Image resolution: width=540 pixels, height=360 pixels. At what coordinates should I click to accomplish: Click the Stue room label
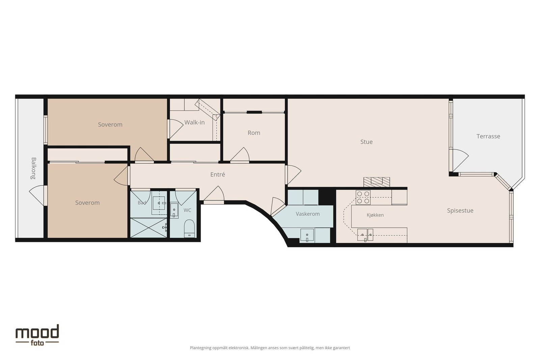pyautogui.click(x=367, y=142)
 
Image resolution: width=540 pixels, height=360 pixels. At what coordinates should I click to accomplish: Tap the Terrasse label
pyautogui.click(x=488, y=136)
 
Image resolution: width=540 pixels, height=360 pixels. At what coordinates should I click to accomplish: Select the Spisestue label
pyautogui.click(x=460, y=211)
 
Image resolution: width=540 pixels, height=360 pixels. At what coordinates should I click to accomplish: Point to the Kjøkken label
pyautogui.click(x=375, y=215)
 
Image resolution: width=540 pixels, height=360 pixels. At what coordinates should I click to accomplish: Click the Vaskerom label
pyautogui.click(x=307, y=214)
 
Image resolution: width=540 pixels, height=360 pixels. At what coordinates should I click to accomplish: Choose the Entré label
pyautogui.click(x=217, y=174)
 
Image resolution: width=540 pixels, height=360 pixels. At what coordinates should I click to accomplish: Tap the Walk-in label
pyautogui.click(x=194, y=122)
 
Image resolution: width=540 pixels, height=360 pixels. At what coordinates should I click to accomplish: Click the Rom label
pyautogui.click(x=254, y=133)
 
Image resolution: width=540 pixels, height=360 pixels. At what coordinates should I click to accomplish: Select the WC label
pyautogui.click(x=187, y=210)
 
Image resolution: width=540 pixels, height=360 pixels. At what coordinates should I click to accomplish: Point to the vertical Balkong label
pyautogui.click(x=33, y=168)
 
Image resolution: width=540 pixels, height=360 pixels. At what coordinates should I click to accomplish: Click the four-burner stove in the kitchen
pyautogui.click(x=363, y=197)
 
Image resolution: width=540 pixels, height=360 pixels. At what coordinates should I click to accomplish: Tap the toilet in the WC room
pyautogui.click(x=189, y=228)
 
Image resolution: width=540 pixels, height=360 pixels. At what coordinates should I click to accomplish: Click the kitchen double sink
pyautogui.click(x=365, y=235)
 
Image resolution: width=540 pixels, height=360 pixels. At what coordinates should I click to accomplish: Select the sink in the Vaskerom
pyautogui.click(x=307, y=235)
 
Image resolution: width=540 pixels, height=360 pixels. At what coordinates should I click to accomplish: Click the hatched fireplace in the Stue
pyautogui.click(x=377, y=182)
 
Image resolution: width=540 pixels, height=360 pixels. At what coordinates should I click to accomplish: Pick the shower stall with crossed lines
pyautogui.click(x=148, y=228)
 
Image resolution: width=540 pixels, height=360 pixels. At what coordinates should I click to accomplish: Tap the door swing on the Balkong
pyautogui.click(x=37, y=195)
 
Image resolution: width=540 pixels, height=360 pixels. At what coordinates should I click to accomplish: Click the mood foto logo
pyautogui.click(x=37, y=335)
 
